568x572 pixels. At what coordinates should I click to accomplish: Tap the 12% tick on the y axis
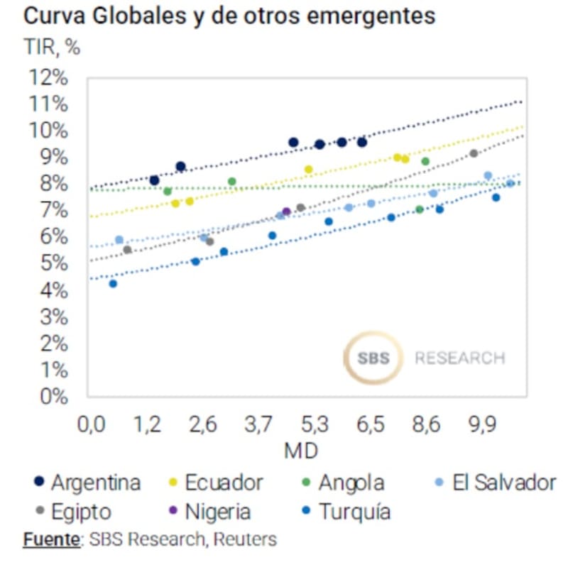48,77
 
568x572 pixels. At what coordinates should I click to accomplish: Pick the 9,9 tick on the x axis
483,426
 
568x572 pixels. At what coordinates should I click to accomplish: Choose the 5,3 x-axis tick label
315,426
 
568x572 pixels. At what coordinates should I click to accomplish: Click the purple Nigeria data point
287,211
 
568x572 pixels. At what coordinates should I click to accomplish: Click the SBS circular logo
373,357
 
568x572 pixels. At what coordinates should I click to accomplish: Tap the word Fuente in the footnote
51,539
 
